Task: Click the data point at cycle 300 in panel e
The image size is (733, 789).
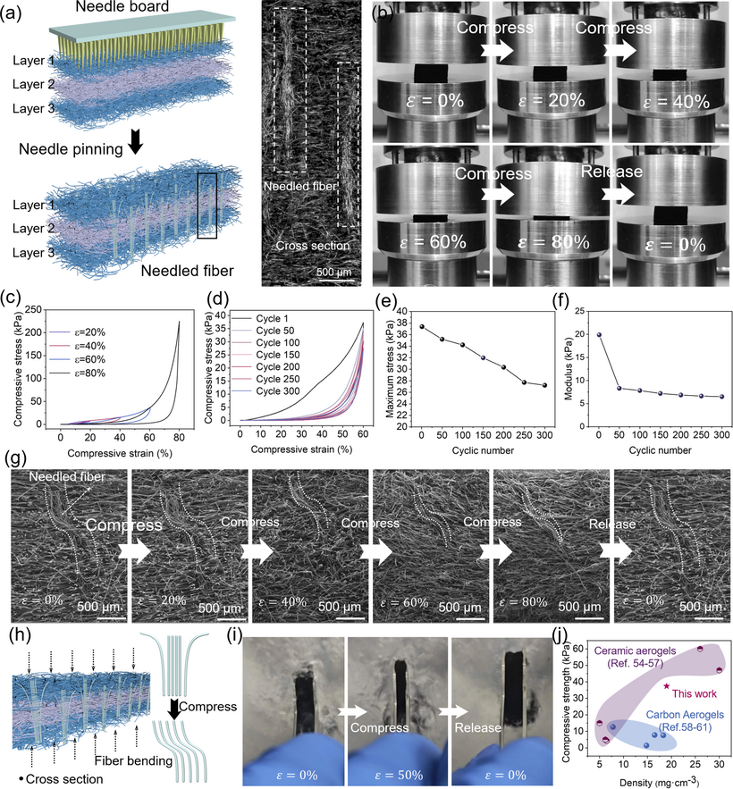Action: tap(570, 385)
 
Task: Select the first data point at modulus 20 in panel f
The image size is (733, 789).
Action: tap(599, 334)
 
